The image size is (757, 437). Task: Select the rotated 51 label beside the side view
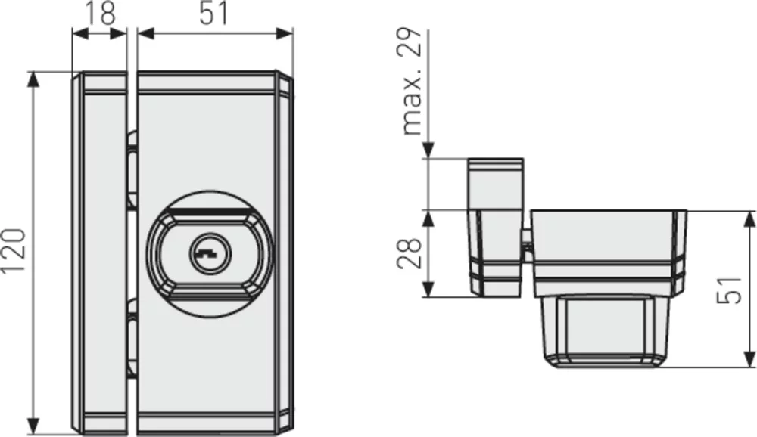click(729, 290)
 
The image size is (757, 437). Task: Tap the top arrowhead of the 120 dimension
click(33, 79)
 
